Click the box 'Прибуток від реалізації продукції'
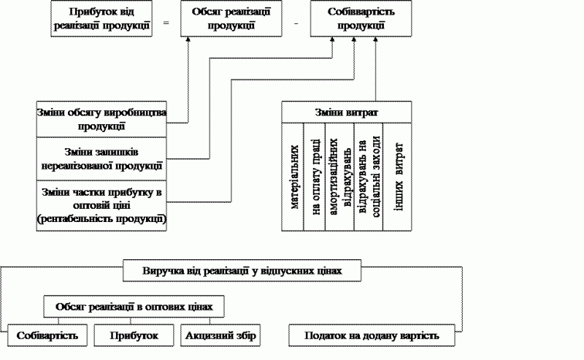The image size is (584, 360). [103, 18]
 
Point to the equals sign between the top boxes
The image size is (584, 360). [166, 23]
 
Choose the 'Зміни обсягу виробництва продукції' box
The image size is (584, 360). [101, 118]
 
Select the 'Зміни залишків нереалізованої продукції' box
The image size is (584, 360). [101, 159]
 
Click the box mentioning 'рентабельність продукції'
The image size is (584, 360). [101, 206]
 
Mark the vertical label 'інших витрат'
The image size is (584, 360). [397, 175]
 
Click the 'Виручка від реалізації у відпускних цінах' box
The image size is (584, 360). [242, 269]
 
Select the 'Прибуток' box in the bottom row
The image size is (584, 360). [134, 336]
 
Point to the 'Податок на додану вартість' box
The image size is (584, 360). [372, 336]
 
